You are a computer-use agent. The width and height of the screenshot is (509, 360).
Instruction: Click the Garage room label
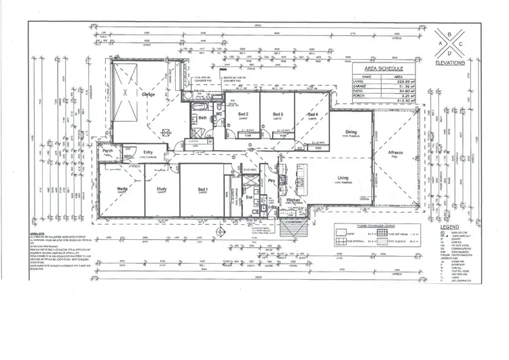(x=148, y=94)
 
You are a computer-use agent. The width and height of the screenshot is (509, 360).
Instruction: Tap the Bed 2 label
(x=242, y=114)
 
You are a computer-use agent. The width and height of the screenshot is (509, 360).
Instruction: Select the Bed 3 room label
(x=278, y=114)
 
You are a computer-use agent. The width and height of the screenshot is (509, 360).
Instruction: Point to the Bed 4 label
(x=313, y=115)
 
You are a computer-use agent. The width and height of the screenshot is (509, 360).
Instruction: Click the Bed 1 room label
(x=202, y=189)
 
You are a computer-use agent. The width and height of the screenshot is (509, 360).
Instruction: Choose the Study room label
(x=162, y=189)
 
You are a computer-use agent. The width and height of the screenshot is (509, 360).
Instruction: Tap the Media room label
(x=122, y=189)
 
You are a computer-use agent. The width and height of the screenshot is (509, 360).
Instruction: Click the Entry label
(x=147, y=152)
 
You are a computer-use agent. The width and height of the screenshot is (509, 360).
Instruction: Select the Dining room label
(x=351, y=132)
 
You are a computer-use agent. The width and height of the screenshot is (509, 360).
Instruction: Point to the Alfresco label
(x=396, y=153)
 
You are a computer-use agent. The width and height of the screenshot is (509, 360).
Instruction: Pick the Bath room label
(x=202, y=118)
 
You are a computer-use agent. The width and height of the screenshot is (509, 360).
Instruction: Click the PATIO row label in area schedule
(x=359, y=92)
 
